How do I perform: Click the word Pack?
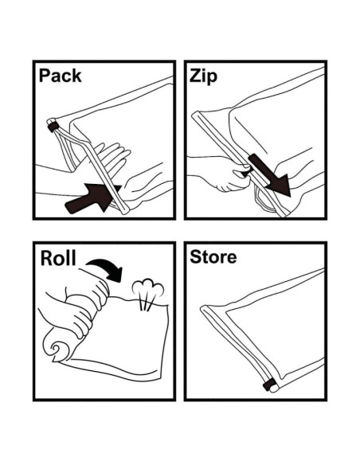coord(60,76)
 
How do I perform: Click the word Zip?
coord(203,76)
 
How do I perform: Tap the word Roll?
coord(58,258)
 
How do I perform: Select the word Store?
coord(213,257)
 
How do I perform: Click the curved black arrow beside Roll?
coord(105,269)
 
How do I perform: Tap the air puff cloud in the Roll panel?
coord(148,288)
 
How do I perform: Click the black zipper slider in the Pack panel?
coord(53,127)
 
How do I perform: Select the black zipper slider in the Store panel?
coord(268,385)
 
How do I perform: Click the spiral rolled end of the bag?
coord(57,348)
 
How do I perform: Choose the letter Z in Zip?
coord(195,76)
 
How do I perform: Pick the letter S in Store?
coord(196,257)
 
